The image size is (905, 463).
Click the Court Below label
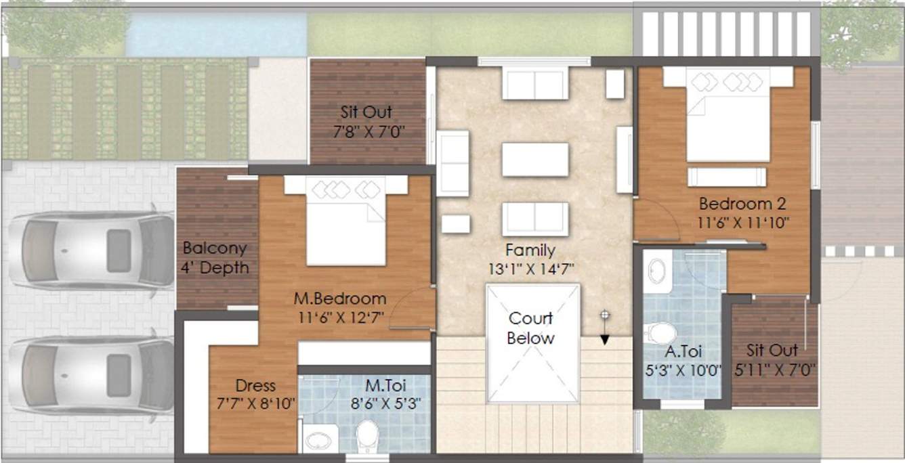click(x=530, y=328)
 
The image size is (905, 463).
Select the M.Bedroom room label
click(x=340, y=299)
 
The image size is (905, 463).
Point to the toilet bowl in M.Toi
click(x=368, y=437)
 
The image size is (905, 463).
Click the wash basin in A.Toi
click(x=656, y=271)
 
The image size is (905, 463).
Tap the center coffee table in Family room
click(x=534, y=160)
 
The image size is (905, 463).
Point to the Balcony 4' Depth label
click(x=215, y=258)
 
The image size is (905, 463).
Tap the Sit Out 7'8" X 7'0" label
click(x=366, y=122)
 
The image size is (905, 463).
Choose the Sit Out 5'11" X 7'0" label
click(x=772, y=360)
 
